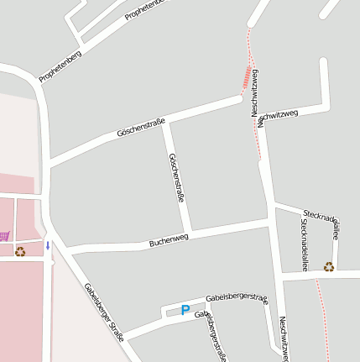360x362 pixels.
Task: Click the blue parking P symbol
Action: tap(185, 311)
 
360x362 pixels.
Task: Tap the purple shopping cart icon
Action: tap(4, 236)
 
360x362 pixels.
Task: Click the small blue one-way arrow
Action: tap(48, 245)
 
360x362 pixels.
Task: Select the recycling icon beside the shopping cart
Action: tap(20, 250)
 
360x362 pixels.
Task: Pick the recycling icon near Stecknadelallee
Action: tap(329, 266)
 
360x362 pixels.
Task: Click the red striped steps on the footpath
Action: tap(246, 77)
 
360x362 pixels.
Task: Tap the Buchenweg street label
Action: tap(169, 239)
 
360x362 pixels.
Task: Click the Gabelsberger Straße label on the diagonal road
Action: tap(103, 312)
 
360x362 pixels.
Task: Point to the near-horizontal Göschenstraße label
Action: tap(140, 128)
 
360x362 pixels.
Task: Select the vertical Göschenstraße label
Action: tap(176, 178)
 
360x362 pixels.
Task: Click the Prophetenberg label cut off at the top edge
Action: tap(145, 9)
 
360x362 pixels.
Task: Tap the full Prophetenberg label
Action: tap(60, 66)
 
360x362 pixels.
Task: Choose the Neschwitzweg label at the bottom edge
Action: tap(284, 339)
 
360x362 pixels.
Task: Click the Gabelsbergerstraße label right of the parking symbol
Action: tap(236, 299)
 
